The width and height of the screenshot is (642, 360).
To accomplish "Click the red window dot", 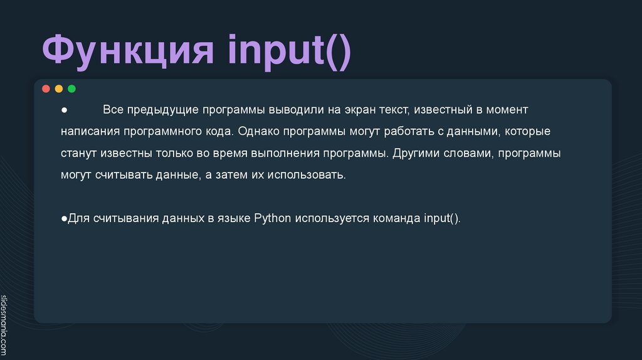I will pos(46,88).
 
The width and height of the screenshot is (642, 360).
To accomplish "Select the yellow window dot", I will pos(59,88).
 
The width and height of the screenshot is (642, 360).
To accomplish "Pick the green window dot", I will pos(71,88).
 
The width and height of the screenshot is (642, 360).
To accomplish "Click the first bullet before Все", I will pos(64,110).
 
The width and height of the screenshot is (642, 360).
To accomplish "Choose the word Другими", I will pos(417,153).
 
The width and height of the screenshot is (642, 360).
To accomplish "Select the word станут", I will pos(79,153).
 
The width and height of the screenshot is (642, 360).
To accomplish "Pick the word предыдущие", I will pos(163,110).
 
